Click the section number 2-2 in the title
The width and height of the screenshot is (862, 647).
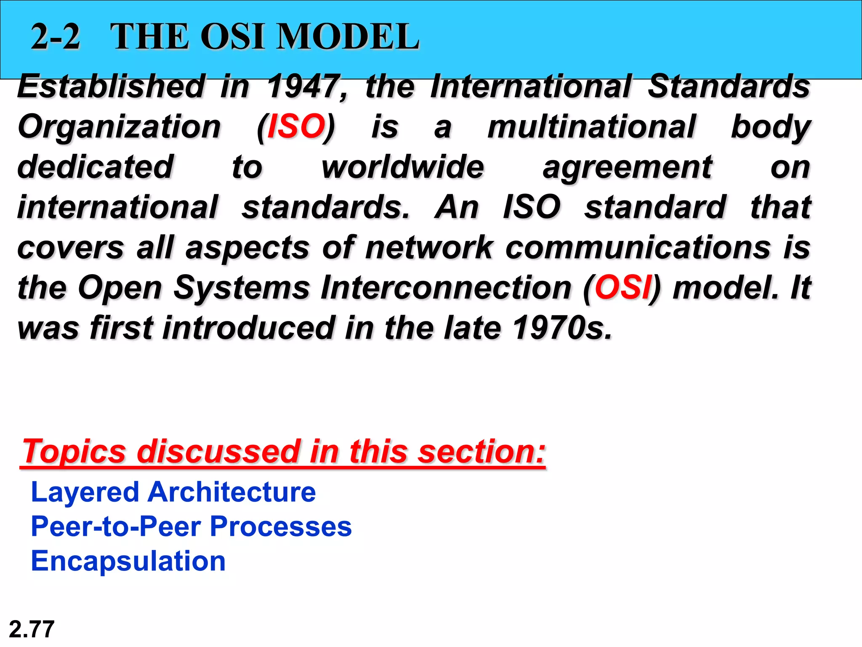(x=56, y=37)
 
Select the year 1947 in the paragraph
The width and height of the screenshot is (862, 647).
(x=304, y=86)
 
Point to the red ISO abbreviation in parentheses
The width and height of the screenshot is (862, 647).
(x=296, y=126)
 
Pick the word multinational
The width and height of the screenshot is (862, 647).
(x=591, y=126)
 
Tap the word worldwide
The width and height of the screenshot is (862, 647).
(x=403, y=167)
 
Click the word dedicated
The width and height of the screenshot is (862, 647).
(x=96, y=167)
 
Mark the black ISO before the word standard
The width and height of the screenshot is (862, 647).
(x=532, y=207)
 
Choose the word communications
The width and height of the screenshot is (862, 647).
(x=638, y=248)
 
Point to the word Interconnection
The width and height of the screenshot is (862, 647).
(x=446, y=288)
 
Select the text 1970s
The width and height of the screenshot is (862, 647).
(x=562, y=328)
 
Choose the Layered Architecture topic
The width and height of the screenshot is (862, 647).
(x=173, y=492)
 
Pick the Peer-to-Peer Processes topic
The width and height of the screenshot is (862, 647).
(x=192, y=527)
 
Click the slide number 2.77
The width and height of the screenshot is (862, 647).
(x=32, y=629)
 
